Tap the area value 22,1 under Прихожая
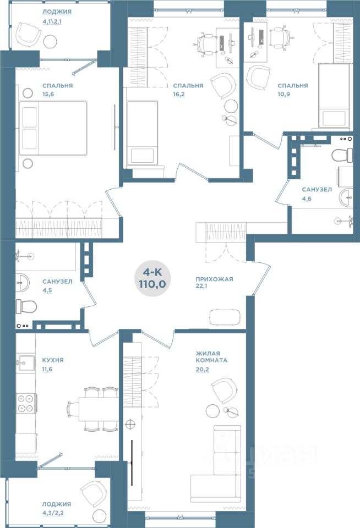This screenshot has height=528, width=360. tap(201, 286)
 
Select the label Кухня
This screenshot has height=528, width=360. tap(53, 360)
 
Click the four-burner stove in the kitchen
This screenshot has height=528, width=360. tap(26, 403)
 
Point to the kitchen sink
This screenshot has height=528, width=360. tap(26, 362)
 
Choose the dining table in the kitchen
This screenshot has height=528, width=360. tap(99, 409)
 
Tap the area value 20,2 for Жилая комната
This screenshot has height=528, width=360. tap(203, 370)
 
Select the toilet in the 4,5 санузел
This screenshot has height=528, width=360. tap(26, 307)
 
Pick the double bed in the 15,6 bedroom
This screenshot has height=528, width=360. tap(53, 128)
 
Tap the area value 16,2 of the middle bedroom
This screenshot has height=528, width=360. tap(179, 94)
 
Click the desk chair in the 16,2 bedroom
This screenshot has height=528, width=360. tap(205, 44)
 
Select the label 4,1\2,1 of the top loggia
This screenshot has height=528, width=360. tap(52, 22)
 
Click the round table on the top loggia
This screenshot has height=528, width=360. tap(51, 41)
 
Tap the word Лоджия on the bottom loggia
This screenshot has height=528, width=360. tap(57, 504)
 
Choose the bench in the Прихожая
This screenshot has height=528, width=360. tap(225, 317)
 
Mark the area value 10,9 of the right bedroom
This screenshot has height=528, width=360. tap(284, 94)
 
